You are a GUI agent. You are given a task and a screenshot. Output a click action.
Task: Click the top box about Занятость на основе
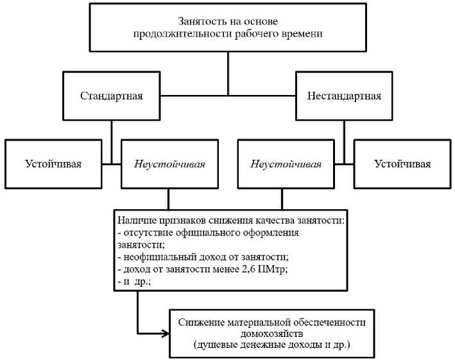pos(228,28)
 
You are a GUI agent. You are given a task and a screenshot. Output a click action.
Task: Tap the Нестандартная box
pos(344,96)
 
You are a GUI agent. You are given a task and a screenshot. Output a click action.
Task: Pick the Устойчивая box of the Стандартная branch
pos(53,164)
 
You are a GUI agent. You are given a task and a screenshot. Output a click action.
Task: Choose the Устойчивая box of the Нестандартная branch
pos(402,164)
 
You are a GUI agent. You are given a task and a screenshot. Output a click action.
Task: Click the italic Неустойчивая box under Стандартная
pos(169,164)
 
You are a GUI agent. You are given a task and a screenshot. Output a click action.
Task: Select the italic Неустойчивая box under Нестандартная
pos(286,164)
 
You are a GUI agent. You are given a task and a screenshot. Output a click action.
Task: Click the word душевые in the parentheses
pos(217,345)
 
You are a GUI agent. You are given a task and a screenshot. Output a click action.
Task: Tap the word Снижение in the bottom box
pos(198,321)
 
